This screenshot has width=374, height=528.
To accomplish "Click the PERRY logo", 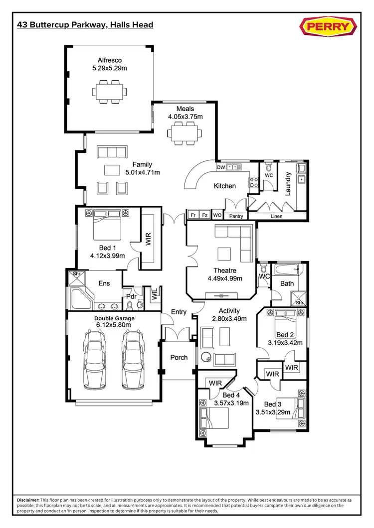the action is tap(328, 26).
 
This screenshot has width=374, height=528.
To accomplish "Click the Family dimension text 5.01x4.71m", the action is tap(142, 173).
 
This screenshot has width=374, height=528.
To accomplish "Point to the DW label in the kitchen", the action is tap(221, 167).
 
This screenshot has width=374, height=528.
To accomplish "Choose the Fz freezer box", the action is tap(204, 215).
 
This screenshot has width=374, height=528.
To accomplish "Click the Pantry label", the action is tap(236, 216).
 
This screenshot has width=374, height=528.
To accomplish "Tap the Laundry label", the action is tap(288, 184).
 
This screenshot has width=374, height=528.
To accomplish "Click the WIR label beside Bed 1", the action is tap(148, 238).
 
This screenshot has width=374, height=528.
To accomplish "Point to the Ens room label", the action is tap(104, 283).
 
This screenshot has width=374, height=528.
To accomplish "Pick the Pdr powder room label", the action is tap(131, 296).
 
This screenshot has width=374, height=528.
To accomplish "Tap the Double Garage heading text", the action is tap(115, 318).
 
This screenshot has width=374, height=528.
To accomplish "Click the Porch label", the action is tap(179, 357).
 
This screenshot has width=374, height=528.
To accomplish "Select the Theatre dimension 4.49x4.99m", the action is tap(222, 279).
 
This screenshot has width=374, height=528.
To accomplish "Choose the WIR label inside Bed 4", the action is tap(215, 383).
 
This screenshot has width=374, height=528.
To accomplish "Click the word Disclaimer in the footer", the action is tap(28, 499).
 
